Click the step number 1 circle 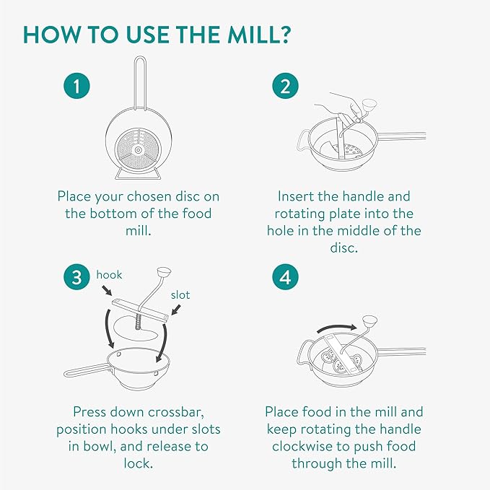[76, 86]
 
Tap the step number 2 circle [285, 86]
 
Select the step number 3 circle [76, 277]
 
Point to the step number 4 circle [285, 277]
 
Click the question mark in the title [284, 34]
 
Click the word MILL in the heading [251, 35]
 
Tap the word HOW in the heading [51, 35]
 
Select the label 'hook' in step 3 [109, 275]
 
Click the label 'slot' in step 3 [180, 295]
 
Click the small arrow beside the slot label [176, 310]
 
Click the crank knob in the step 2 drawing [369, 106]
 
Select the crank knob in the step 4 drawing [369, 323]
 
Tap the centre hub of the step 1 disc [138, 151]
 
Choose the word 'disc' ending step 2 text [344, 248]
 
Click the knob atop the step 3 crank [164, 272]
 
